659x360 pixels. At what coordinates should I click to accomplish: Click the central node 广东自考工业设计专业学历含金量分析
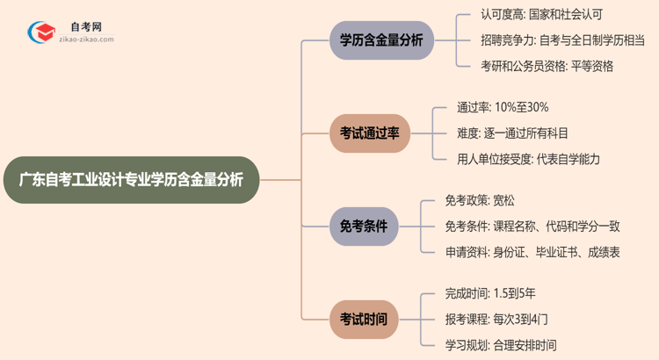[x=131, y=179]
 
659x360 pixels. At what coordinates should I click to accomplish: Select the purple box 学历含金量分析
[x=381, y=40]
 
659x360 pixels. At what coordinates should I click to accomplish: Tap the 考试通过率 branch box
[x=369, y=133]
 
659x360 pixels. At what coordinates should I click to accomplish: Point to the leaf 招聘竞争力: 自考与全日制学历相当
[x=550, y=40]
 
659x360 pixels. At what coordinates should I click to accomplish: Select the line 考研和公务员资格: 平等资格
[x=535, y=66]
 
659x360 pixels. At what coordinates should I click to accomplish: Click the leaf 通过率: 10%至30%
[x=503, y=107]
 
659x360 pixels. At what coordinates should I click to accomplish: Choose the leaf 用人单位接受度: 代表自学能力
[x=529, y=159]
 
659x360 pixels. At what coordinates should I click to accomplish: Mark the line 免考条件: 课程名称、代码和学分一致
[x=532, y=227]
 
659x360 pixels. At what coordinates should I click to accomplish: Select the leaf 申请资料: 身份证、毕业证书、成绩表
[x=532, y=252]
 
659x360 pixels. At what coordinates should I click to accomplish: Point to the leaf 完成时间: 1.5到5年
[x=502, y=294]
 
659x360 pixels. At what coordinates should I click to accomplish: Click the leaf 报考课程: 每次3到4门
[x=502, y=320]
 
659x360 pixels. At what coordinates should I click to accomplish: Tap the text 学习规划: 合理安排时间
[x=501, y=345]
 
